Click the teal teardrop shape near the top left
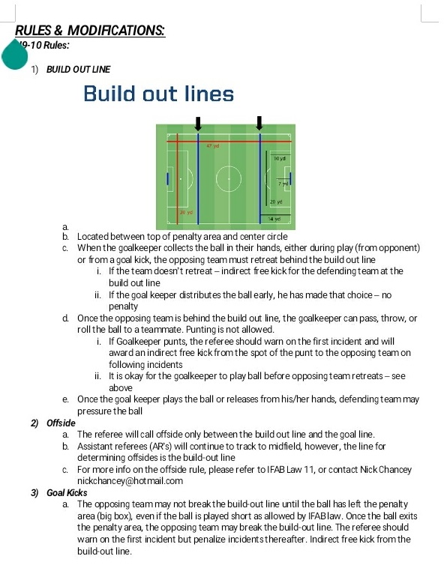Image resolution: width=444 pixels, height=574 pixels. click(15, 55)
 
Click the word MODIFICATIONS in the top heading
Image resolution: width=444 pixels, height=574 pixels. click(115, 31)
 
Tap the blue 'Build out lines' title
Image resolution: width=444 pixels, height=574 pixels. click(158, 94)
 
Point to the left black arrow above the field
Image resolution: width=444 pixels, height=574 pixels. click(198, 124)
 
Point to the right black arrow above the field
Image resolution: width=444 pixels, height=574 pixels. click(259, 123)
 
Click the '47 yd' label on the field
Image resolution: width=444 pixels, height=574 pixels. click(213, 145)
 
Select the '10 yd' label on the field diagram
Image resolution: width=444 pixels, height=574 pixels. click(280, 159)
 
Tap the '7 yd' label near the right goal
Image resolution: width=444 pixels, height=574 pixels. click(283, 184)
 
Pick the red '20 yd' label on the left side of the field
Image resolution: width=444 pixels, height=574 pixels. click(186, 212)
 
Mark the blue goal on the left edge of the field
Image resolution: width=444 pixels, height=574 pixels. click(168, 178)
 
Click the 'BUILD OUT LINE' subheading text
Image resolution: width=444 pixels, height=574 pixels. click(78, 70)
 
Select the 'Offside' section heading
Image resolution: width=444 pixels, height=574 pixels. click(61, 423)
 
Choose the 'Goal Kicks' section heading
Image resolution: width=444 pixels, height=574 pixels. click(67, 493)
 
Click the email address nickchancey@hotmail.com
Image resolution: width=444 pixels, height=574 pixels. click(130, 480)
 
